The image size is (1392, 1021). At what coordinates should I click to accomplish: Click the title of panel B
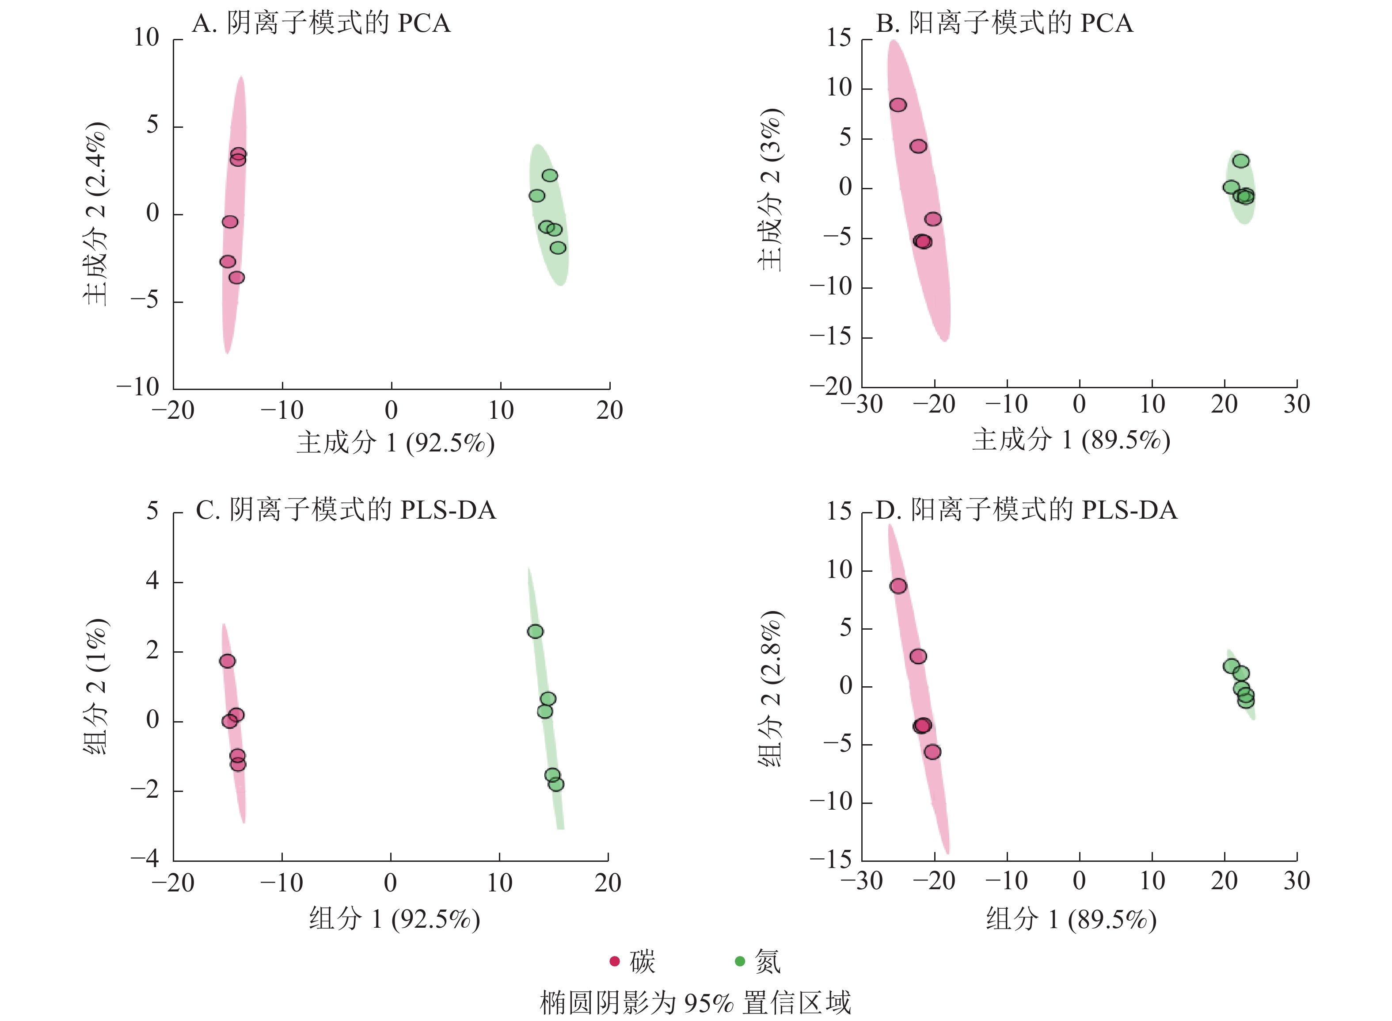pyautogui.click(x=1004, y=23)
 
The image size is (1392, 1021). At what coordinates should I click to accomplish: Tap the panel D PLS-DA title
pyautogui.click(x=1027, y=510)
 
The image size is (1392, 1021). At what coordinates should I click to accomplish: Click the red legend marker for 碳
pyautogui.click(x=615, y=961)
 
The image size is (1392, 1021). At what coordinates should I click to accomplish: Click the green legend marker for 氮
pyautogui.click(x=740, y=961)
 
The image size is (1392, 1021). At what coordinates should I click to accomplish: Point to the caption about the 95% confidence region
pyautogui.click(x=696, y=1002)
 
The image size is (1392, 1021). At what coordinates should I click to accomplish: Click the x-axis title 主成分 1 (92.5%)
pyautogui.click(x=395, y=443)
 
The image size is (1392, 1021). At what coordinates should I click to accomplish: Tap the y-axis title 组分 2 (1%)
pyautogui.click(x=96, y=686)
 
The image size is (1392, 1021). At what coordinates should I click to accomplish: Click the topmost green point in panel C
pyautogui.click(x=536, y=631)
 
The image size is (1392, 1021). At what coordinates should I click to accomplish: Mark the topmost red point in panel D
pyautogui.click(x=898, y=586)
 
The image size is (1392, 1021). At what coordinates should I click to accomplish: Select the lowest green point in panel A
pyautogui.click(x=558, y=248)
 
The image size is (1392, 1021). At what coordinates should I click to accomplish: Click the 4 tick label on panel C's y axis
pyautogui.click(x=152, y=581)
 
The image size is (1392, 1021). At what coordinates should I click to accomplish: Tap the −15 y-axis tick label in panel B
pyautogui.click(x=831, y=337)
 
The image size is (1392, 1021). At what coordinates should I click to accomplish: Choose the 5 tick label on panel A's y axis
pyautogui.click(x=152, y=126)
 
